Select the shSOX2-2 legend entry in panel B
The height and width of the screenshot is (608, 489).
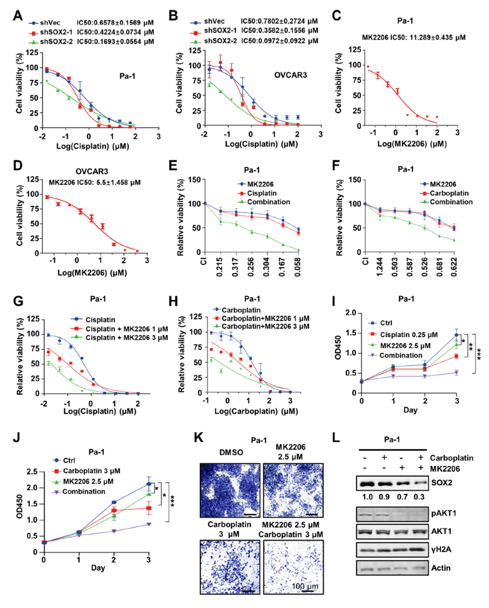click(221, 41)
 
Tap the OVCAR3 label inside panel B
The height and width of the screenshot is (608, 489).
click(290, 75)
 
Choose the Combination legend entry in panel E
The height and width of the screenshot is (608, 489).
click(268, 202)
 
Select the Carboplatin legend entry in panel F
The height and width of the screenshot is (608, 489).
click(445, 193)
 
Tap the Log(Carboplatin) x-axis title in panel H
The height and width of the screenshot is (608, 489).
click(257, 411)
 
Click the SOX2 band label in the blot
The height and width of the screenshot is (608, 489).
click(440, 483)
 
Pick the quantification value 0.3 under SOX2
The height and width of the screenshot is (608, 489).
click(418, 500)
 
